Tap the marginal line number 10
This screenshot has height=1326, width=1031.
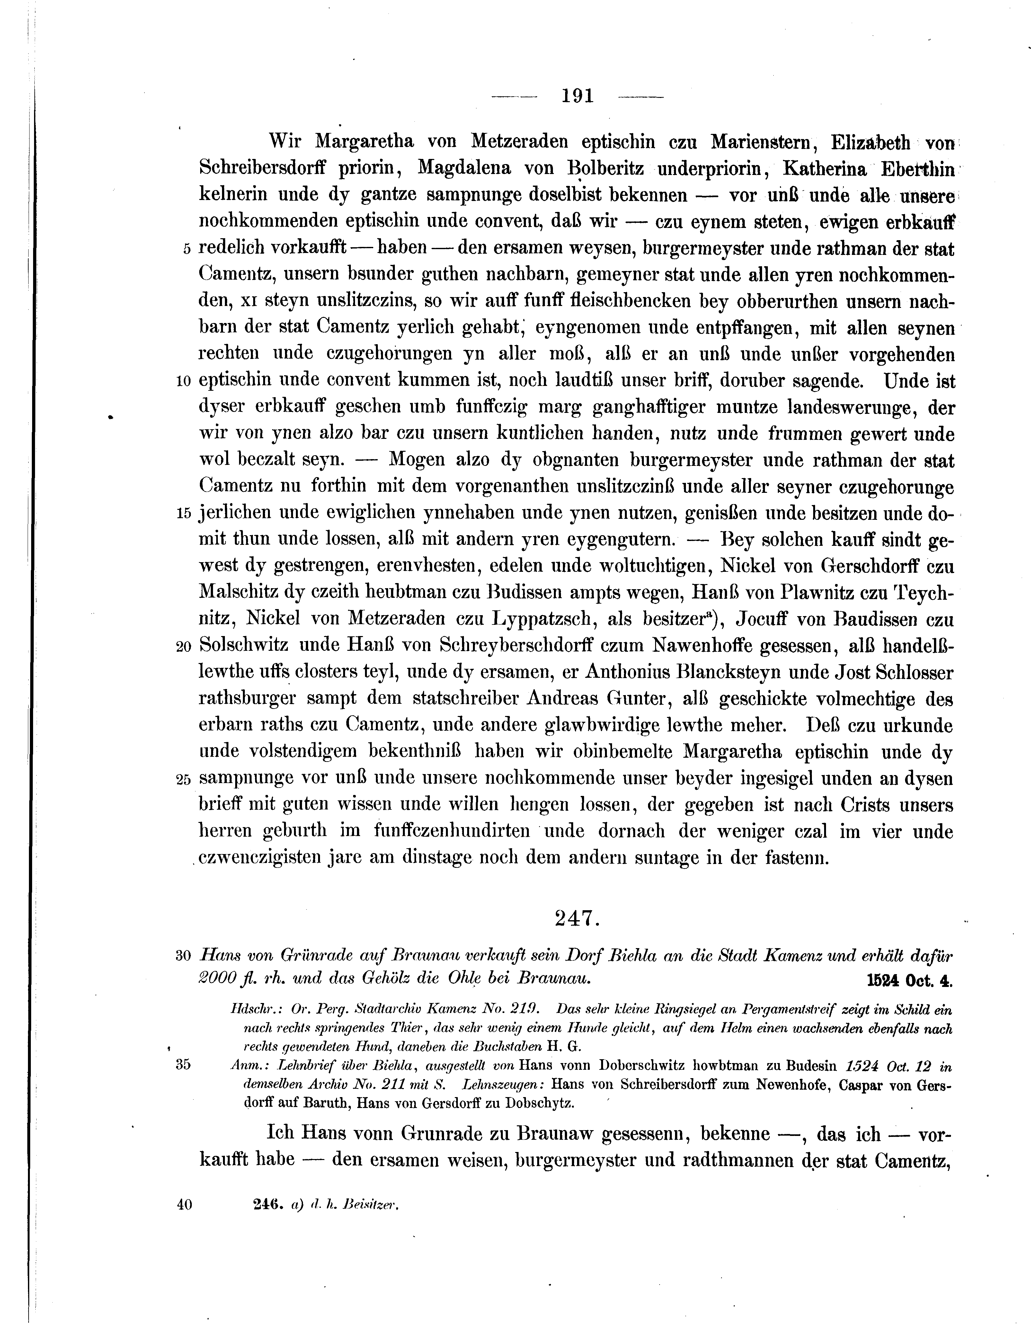[183, 382]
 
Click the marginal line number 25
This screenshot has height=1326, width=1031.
[183, 780]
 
